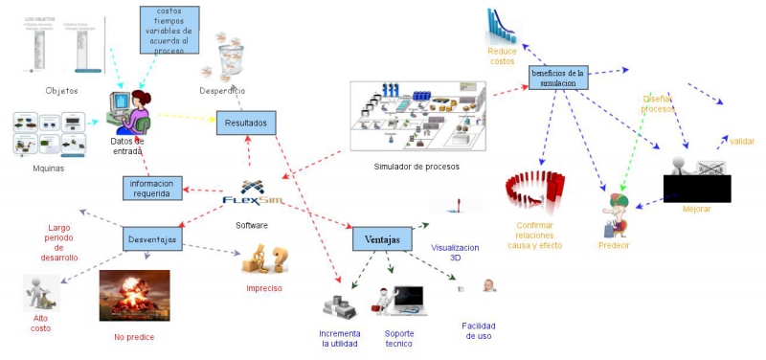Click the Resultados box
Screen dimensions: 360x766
(246, 123)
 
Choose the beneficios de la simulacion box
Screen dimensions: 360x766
(556, 79)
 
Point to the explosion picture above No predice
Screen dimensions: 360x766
(134, 295)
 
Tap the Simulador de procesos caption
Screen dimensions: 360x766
(417, 167)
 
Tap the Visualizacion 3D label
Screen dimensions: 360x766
(454, 252)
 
